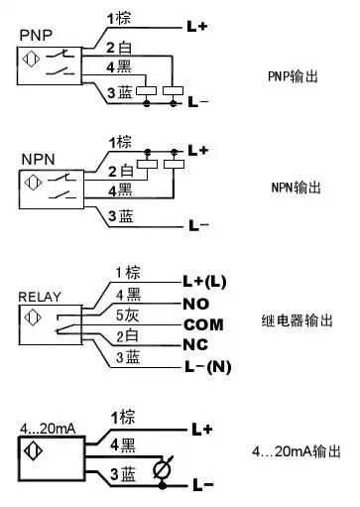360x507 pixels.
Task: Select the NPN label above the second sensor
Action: pyautogui.click(x=35, y=159)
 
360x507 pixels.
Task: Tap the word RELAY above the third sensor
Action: pyautogui.click(x=39, y=296)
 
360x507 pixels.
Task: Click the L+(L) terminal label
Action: pyautogui.click(x=203, y=282)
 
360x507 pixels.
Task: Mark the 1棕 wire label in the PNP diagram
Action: pyautogui.click(x=120, y=19)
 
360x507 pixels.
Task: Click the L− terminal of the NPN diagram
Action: pyautogui.click(x=198, y=225)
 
